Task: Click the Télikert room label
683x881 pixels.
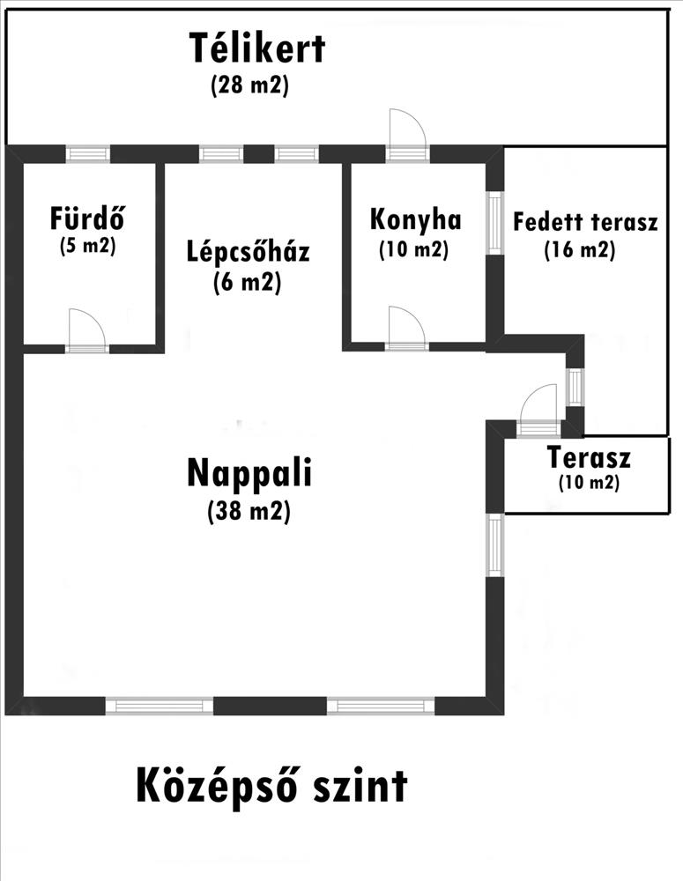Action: pos(257,49)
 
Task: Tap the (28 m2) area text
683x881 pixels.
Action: pos(250,87)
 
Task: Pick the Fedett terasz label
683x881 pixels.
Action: pos(586,221)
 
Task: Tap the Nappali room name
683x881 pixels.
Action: pos(249,474)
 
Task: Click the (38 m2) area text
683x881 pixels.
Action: pos(249,510)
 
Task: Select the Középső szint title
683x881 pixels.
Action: pos(271,785)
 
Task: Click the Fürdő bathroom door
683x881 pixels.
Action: pos(87,333)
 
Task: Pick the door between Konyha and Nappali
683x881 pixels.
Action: pos(407,331)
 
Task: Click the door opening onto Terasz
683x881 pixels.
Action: pos(538,414)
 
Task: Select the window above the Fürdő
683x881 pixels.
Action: pos(88,154)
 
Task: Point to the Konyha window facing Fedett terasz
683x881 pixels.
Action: pos(494,222)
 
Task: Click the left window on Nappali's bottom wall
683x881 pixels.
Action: pos(160,705)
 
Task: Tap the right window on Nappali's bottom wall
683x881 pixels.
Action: pos(381,705)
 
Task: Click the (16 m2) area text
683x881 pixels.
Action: pos(578,250)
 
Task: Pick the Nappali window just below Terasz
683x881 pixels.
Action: pos(495,546)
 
